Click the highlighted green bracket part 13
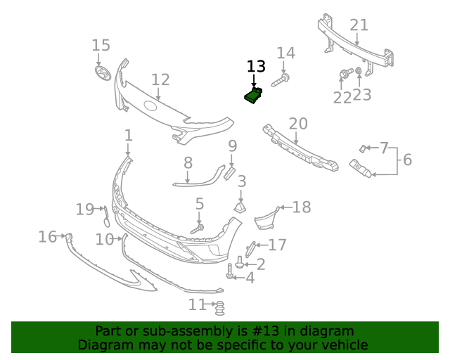[x=253, y=95]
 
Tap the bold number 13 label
[x=256, y=67]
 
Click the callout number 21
[x=359, y=25]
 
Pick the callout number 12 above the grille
[x=160, y=80]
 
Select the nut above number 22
[x=345, y=73]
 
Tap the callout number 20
[x=298, y=124]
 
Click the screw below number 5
[x=198, y=229]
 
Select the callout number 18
[x=301, y=207]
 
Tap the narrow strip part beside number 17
[x=250, y=248]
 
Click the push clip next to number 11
[x=219, y=307]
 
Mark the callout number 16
[x=47, y=237]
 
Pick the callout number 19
[x=85, y=209]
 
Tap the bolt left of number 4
[x=230, y=272]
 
